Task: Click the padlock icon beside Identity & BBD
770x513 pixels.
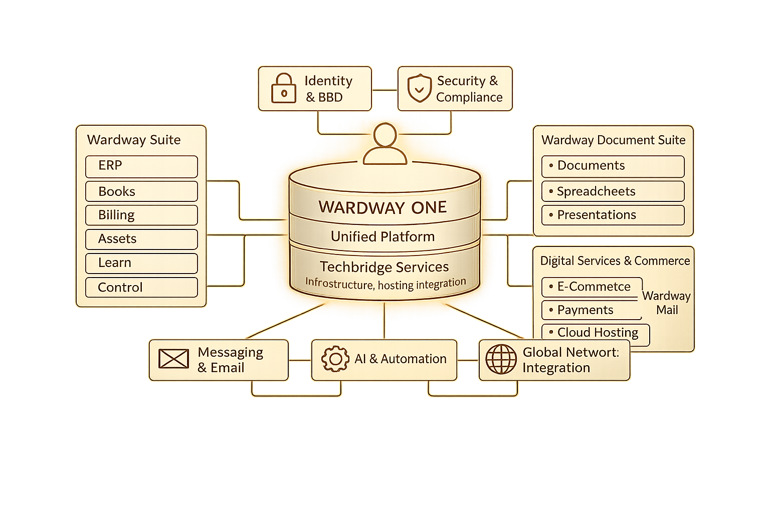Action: pos(284,89)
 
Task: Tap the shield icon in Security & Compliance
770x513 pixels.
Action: pos(420,89)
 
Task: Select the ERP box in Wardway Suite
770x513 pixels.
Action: pos(141,166)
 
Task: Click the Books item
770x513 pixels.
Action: pos(141,191)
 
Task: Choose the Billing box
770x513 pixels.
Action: pos(141,215)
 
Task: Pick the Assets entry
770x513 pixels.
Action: pos(141,239)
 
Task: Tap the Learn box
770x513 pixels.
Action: pos(141,263)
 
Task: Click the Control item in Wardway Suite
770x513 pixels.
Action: pos(141,288)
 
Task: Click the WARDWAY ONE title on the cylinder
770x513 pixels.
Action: pos(382,207)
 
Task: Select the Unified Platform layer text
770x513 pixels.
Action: pos(382,236)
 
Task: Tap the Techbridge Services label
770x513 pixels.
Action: pos(384,267)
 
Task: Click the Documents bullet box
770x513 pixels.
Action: pos(613,166)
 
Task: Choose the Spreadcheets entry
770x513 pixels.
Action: pos(613,191)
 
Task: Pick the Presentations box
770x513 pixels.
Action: pos(613,215)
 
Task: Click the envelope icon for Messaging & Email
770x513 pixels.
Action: pos(173,359)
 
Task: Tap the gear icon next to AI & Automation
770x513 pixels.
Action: pos(335,359)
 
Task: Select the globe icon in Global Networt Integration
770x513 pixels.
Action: pos(501,359)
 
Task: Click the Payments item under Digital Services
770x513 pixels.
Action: pos(592,310)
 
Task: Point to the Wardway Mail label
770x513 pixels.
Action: pos(667,303)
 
